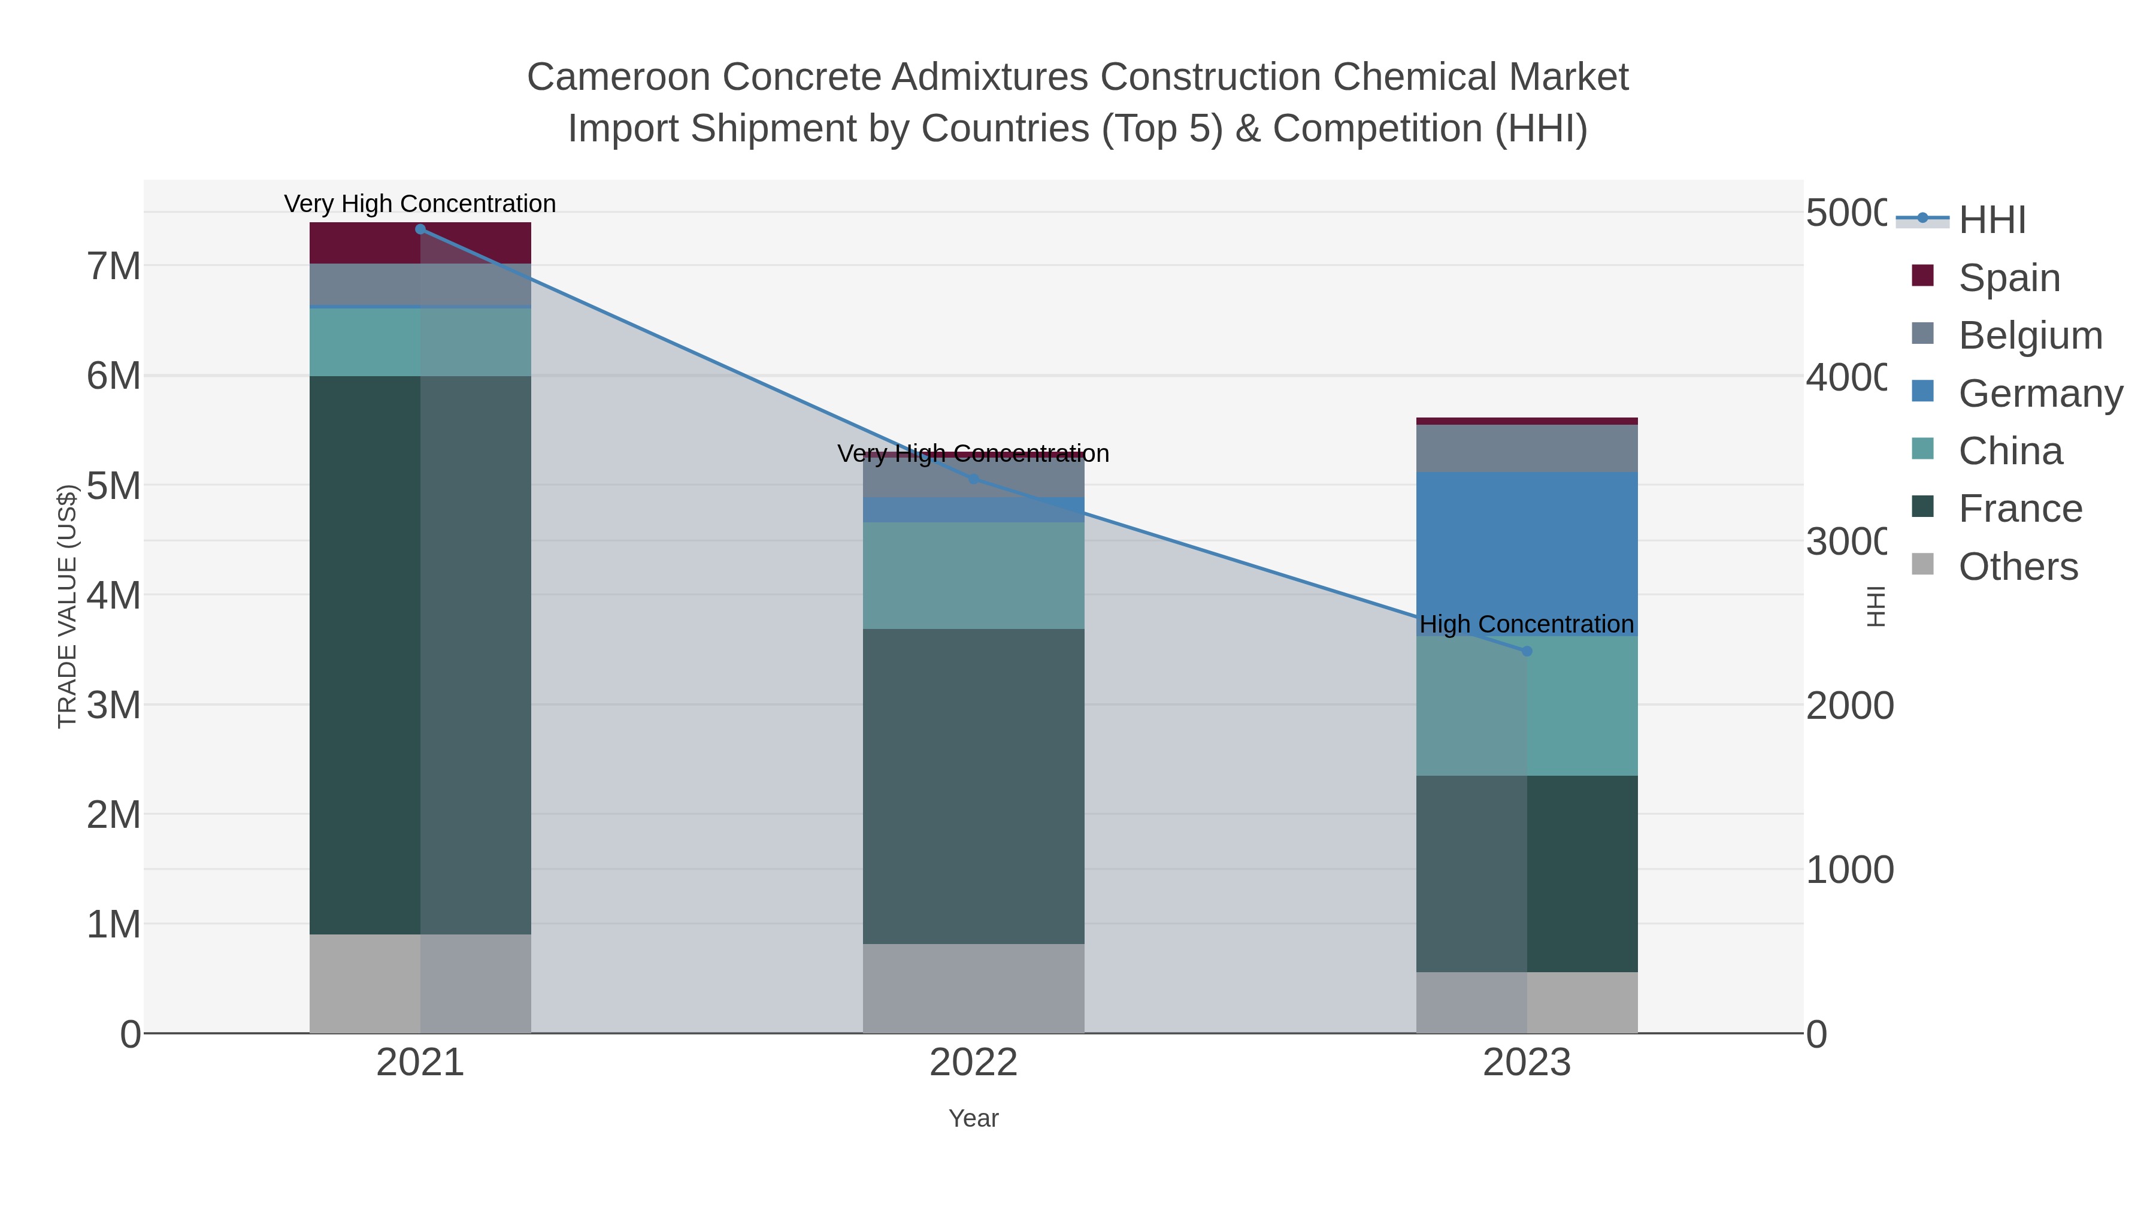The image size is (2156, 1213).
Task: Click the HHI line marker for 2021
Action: [x=420, y=229]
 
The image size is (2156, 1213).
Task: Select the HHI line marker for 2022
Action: [x=973, y=479]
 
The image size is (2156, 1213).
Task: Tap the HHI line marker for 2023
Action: [x=1527, y=651]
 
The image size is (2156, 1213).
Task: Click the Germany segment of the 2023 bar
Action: [x=1527, y=552]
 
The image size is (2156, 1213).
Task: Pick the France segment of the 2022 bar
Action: [x=973, y=787]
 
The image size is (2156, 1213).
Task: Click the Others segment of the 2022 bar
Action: [x=973, y=988]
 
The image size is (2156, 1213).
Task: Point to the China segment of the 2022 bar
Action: [x=973, y=576]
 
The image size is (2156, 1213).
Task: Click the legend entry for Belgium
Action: [x=2030, y=335]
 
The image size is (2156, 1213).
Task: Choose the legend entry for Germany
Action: [x=2040, y=394]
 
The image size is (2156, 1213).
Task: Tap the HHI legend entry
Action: [x=1992, y=220]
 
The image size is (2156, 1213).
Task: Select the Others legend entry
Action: [x=2018, y=567]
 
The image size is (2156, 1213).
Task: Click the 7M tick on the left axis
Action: [x=114, y=267]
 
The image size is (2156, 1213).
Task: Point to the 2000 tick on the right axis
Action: [x=1849, y=706]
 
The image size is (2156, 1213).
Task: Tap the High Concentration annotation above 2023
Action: [x=1527, y=625]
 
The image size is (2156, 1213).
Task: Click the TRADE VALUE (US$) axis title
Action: [x=67, y=606]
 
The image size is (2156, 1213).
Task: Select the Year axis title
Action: [x=973, y=1118]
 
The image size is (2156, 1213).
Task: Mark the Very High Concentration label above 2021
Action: [x=420, y=204]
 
